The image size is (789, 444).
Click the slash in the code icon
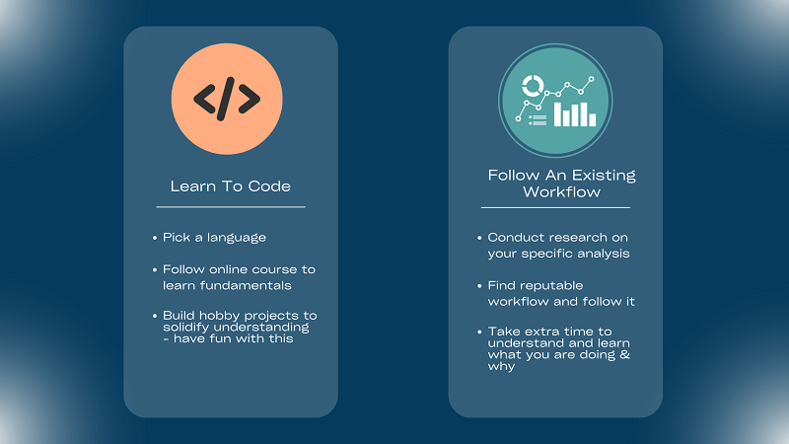(227, 99)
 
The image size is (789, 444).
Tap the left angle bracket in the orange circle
(204, 99)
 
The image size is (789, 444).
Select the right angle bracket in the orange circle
(251, 99)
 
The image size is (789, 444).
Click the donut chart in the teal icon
(533, 83)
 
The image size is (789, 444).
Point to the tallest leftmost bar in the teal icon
(558, 114)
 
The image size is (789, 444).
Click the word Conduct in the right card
(517, 238)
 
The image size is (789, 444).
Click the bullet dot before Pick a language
(155, 239)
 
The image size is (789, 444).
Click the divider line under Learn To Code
(231, 207)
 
